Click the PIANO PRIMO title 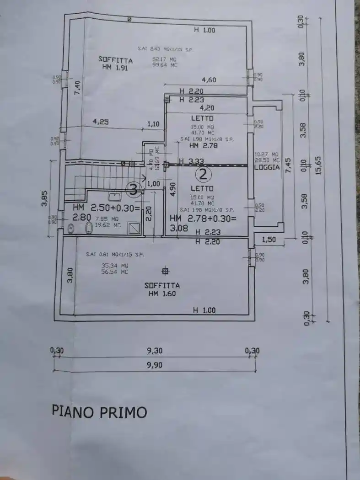99,411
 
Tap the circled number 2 204,174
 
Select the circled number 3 134,189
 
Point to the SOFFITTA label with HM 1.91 116,60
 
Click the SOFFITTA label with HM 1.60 162,286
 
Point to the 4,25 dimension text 101,122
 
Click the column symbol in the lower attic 166,271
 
